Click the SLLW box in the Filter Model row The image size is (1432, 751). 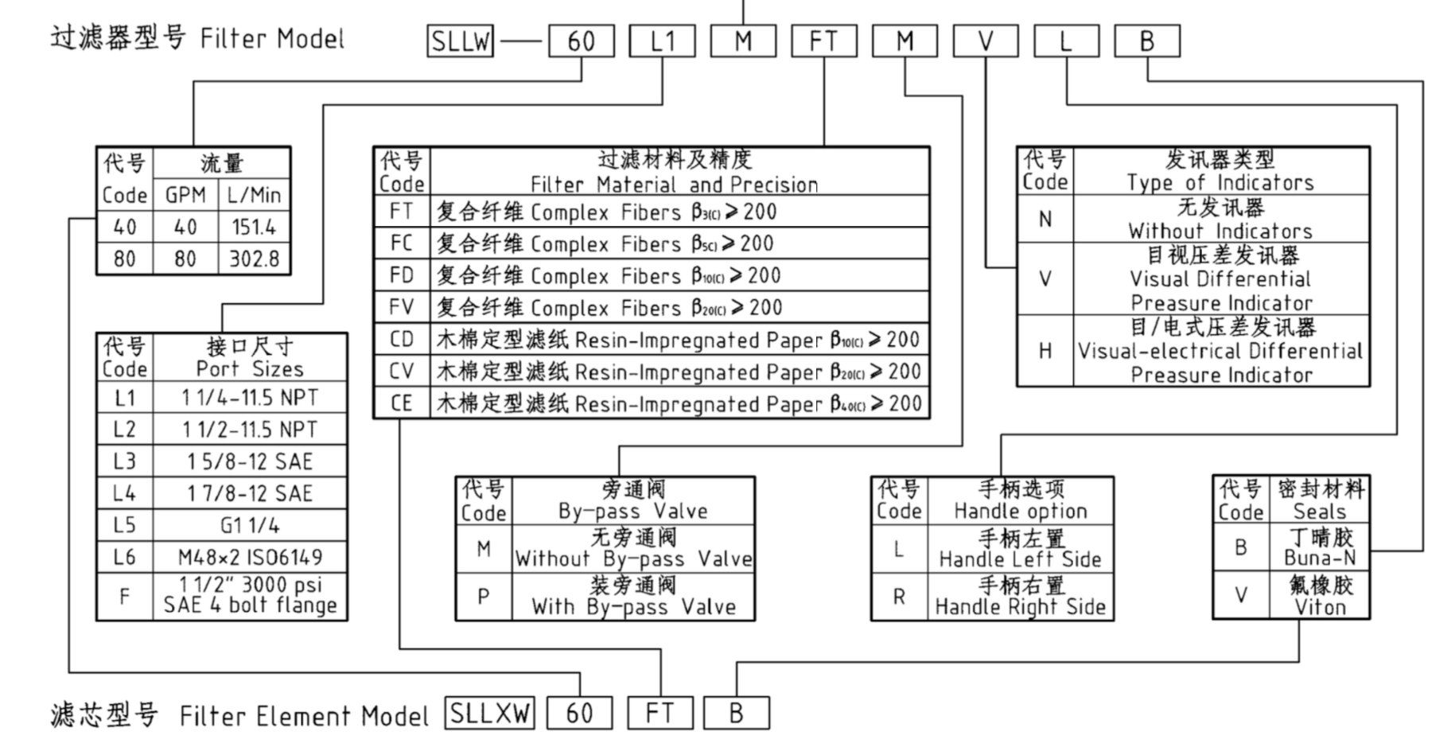(460, 41)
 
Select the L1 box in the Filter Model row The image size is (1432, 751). (662, 41)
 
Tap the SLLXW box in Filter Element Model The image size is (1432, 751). (489, 713)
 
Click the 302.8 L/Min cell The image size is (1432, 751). (255, 259)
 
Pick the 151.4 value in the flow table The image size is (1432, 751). (255, 228)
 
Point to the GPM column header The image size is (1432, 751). (185, 196)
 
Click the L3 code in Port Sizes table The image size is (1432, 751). (124, 461)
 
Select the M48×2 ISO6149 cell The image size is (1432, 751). (250, 557)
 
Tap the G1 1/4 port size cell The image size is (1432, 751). (250, 525)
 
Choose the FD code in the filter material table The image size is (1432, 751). (402, 275)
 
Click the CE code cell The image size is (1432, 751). (402, 404)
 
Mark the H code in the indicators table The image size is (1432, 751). (1045, 351)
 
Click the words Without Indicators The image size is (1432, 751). (1220, 232)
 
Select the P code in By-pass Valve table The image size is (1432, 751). (483, 597)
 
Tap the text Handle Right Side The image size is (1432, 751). (1020, 608)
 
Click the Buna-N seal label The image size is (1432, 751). (1319, 558)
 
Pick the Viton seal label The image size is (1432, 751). (1319, 608)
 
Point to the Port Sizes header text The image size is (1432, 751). (250, 369)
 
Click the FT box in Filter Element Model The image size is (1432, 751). (660, 713)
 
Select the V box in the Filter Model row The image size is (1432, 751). (986, 41)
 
